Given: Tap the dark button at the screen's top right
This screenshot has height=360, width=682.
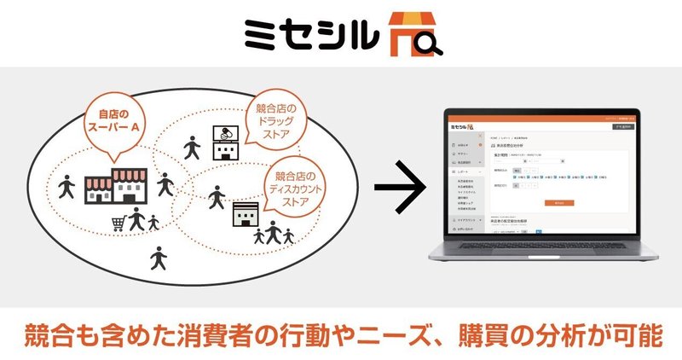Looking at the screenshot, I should (624, 125).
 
